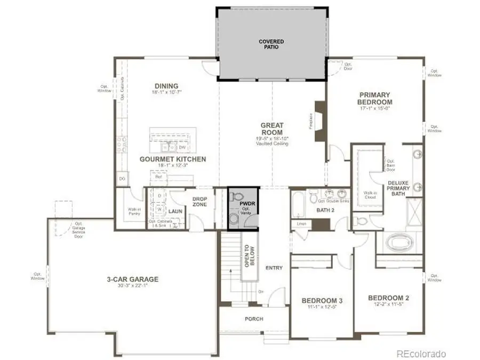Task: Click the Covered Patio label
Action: click(x=271, y=44)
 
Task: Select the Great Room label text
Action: click(x=271, y=129)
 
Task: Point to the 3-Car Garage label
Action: click(x=132, y=279)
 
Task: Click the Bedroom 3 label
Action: click(x=322, y=300)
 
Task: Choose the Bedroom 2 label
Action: click(x=389, y=298)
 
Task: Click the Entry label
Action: click(x=274, y=268)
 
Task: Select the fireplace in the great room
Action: click(x=320, y=122)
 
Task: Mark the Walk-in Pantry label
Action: click(x=134, y=211)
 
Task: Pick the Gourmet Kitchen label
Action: click(x=172, y=159)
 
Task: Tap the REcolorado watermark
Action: click(x=421, y=354)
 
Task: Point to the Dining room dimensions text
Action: click(x=166, y=93)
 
